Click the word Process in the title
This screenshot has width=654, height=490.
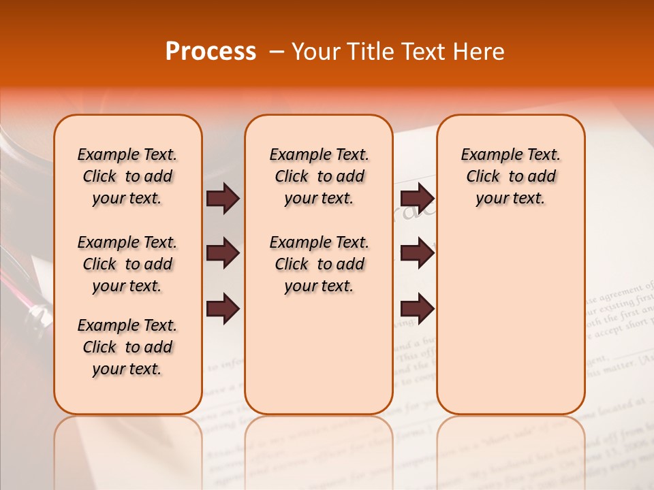211,52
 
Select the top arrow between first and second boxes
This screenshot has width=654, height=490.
223,199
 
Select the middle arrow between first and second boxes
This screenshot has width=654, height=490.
223,254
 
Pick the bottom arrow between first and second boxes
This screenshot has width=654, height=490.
223,308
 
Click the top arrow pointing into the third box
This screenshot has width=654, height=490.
417,199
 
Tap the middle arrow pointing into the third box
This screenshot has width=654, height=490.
417,254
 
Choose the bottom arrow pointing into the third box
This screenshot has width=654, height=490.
417,308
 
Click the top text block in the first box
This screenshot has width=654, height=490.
127,176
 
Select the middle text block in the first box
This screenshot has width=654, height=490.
127,264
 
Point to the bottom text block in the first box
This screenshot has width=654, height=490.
127,347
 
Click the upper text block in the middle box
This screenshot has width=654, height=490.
319,176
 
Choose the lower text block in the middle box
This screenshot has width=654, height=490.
319,264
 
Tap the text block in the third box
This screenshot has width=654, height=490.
510,176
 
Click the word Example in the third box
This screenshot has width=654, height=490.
486,155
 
